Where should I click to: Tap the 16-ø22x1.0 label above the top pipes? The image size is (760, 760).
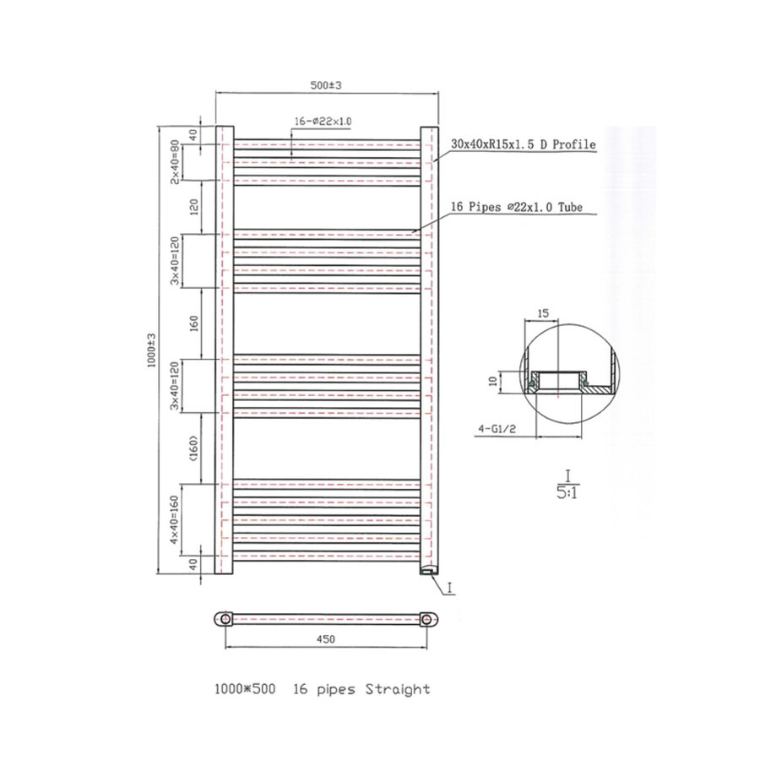323,122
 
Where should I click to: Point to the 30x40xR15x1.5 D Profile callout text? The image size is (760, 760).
524,144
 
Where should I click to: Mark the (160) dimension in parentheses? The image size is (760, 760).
193,450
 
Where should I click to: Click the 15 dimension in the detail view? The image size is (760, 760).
544,312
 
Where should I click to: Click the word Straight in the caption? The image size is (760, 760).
397,689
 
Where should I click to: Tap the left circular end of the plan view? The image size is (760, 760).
225,618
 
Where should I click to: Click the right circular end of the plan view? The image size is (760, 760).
430,618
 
